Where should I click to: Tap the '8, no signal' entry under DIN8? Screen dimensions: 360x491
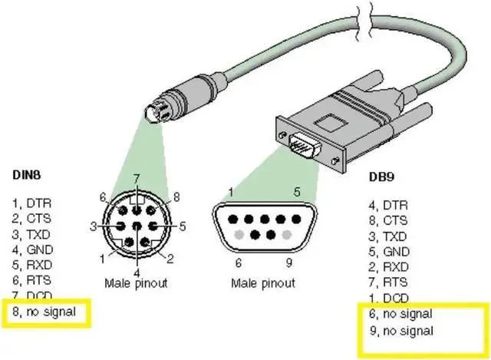pyautogui.click(x=44, y=312)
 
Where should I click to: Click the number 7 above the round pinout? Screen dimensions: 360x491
pyautogui.click(x=136, y=178)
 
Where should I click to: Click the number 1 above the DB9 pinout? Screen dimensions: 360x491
pyautogui.click(x=230, y=192)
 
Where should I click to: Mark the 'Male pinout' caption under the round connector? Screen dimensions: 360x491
pyautogui.click(x=137, y=283)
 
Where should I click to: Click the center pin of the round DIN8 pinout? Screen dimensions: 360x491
pyautogui.click(x=137, y=226)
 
